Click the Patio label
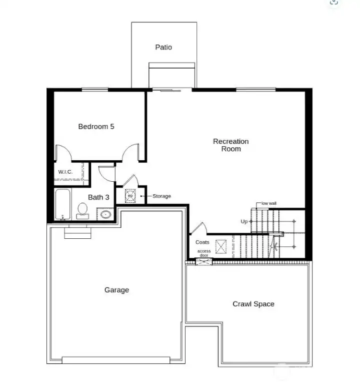click(x=163, y=47)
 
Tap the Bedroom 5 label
click(x=96, y=127)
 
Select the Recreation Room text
click(x=230, y=145)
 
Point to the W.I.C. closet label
click(x=65, y=172)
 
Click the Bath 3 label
click(x=98, y=197)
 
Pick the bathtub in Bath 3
click(x=63, y=204)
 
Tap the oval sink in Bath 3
click(x=105, y=214)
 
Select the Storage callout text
click(x=161, y=196)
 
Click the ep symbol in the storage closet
click(x=130, y=194)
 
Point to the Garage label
click(x=116, y=290)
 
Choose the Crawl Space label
click(x=253, y=304)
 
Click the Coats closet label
click(x=202, y=242)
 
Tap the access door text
click(x=203, y=253)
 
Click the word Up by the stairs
click(x=244, y=221)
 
